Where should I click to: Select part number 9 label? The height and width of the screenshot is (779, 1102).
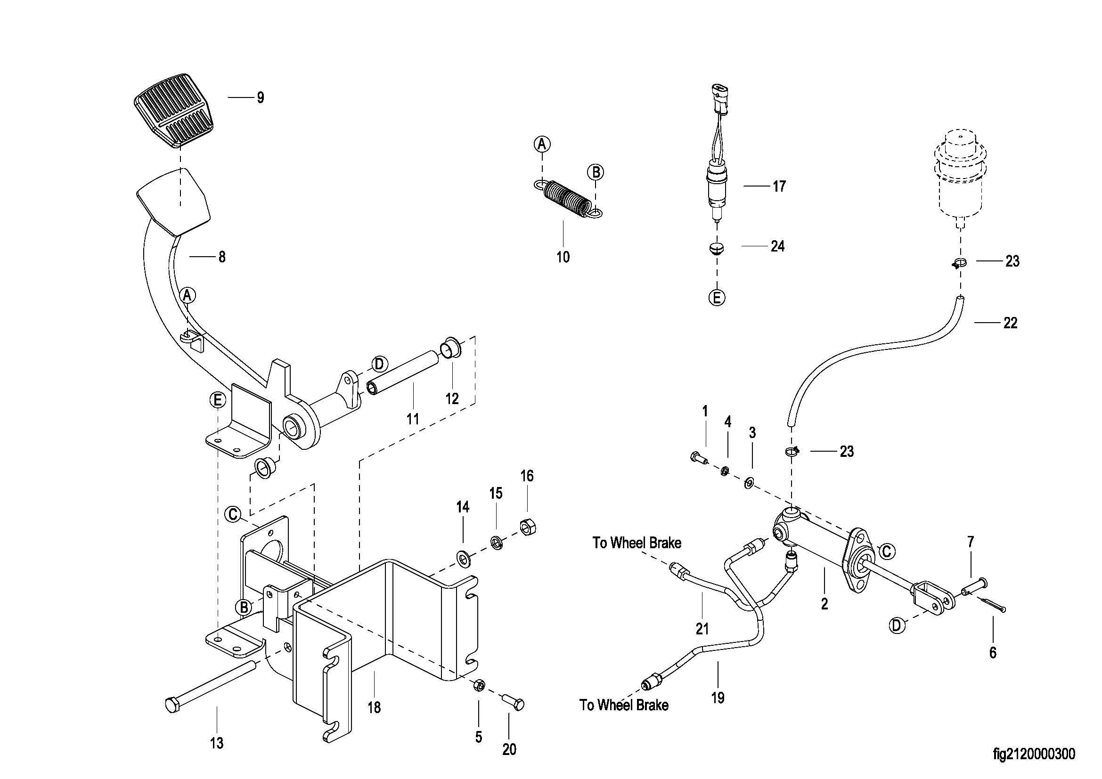tap(260, 98)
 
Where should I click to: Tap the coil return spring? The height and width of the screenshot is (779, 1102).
tap(568, 198)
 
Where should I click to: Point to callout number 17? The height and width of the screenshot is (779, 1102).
tap(779, 186)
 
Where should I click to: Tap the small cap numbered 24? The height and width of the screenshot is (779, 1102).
tap(717, 248)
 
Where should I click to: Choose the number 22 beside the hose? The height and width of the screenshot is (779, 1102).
tap(1010, 323)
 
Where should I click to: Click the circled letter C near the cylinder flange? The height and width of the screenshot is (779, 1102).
tap(887, 552)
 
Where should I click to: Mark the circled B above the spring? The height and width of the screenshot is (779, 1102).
tap(596, 172)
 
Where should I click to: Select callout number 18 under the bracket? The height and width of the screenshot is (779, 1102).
tap(374, 707)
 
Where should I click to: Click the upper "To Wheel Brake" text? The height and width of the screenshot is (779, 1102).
tap(637, 543)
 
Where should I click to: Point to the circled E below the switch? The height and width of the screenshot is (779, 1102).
tap(717, 298)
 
